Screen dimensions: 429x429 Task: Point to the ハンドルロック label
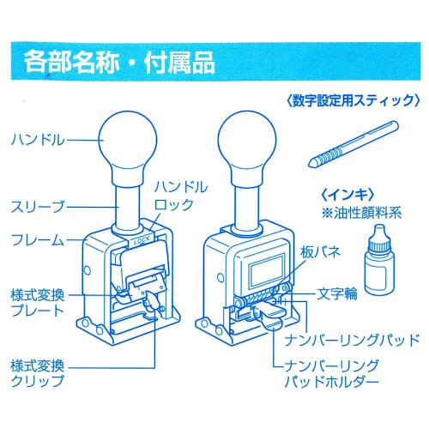(x=178, y=196)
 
